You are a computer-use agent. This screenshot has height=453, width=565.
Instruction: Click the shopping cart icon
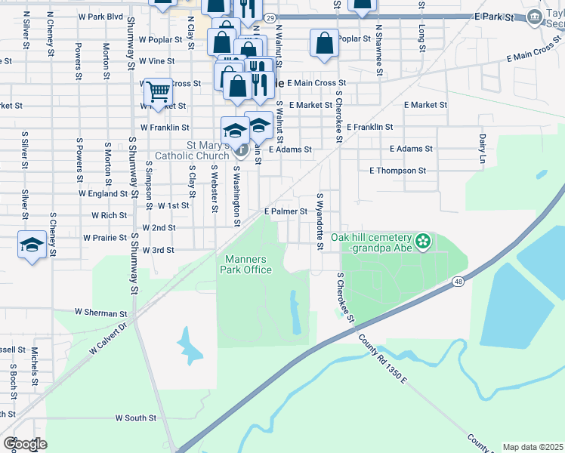point(158,92)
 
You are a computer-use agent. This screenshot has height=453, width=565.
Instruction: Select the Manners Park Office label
point(246,264)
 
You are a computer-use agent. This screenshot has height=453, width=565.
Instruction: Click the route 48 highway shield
point(458,282)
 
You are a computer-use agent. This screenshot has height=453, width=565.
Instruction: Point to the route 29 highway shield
point(271,16)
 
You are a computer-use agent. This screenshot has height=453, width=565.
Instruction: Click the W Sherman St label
point(101,313)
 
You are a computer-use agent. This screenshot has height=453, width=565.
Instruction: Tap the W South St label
point(135,417)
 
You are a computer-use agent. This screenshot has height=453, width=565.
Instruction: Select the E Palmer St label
point(286,212)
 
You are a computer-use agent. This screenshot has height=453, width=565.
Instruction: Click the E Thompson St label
point(398,171)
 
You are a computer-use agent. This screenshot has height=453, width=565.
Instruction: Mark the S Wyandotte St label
point(320,223)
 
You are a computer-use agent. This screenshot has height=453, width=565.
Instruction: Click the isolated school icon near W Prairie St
point(32,245)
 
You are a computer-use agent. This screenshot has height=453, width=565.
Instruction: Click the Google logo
point(25,444)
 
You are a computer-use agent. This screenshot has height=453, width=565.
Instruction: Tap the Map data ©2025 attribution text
point(532,447)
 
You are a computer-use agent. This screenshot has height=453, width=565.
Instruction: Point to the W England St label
point(109,193)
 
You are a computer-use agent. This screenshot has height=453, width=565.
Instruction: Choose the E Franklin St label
point(370,127)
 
